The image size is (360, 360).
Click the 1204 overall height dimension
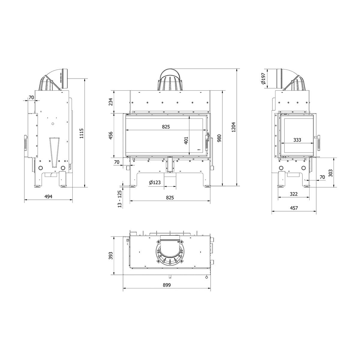[233, 127]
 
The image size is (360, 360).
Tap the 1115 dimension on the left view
[82, 133]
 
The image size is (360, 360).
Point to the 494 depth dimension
[48, 196]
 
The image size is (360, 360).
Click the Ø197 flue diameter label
[263, 79]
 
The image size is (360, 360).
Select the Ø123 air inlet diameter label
[155, 182]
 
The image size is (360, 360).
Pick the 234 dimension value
[111, 102]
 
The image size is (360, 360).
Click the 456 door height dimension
[111, 135]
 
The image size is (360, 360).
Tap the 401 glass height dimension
[186, 140]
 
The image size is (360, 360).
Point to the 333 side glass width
[297, 140]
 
